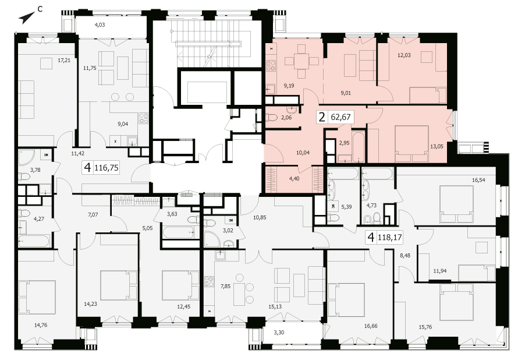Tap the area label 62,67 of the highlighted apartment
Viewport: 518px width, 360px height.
340,117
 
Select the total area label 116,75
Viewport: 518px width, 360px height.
107,168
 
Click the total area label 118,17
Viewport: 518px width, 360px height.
389,237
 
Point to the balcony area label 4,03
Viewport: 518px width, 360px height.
100,24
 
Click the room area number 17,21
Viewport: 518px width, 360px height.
64,61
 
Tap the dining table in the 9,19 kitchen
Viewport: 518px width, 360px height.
301,61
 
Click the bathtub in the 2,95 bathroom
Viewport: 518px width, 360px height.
358,147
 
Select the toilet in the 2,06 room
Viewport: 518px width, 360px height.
272,117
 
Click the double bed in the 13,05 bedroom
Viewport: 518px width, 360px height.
412,140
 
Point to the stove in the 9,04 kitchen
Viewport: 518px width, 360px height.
144,118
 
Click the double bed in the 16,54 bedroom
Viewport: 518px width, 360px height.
456,204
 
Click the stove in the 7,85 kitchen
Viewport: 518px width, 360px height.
209,281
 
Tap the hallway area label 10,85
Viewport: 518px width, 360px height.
260,217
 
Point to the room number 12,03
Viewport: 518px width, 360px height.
404,55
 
